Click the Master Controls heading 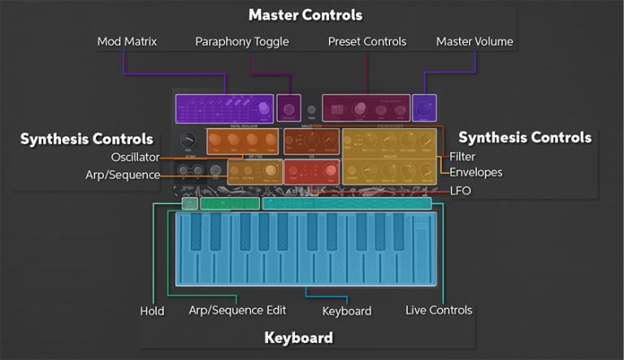(305, 15)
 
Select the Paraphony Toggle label (242, 41)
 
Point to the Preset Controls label (366, 41)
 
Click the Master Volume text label (474, 41)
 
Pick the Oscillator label (136, 157)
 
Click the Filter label (463, 157)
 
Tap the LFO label (460, 191)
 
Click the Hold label (151, 310)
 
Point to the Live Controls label (439, 310)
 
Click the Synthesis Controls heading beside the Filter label (525, 137)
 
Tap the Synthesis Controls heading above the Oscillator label (87, 139)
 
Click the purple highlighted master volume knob (423, 107)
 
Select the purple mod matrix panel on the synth (224, 108)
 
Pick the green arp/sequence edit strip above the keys (230, 204)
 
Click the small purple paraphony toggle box (288, 107)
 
